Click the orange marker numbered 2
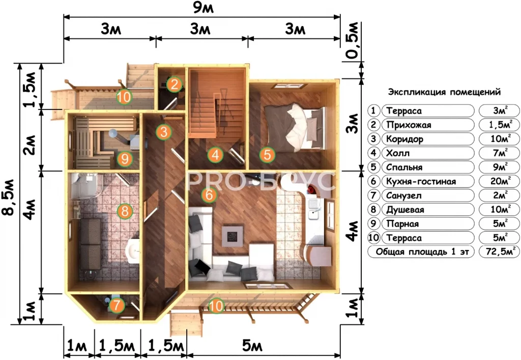point(175,84)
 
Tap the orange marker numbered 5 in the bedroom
point(267,155)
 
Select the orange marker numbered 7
point(117,306)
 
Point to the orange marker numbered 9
point(125,159)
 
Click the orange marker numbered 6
point(209,195)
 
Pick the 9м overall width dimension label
point(203,8)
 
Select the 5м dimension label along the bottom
point(252,346)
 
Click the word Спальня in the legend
point(403,167)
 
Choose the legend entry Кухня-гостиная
point(421,181)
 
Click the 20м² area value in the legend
point(500,181)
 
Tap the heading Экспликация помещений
point(444,92)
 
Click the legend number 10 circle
point(374,238)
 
